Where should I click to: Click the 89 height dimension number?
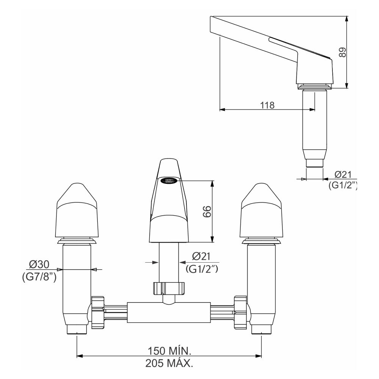[342, 52]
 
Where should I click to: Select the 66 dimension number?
[207, 212]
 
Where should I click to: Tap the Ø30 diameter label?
[39, 265]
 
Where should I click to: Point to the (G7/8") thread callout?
[39, 277]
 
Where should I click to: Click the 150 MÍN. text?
[169, 351]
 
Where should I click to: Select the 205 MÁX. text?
[169, 363]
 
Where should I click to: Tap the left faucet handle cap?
[77, 210]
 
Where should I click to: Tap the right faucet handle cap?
[261, 210]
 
